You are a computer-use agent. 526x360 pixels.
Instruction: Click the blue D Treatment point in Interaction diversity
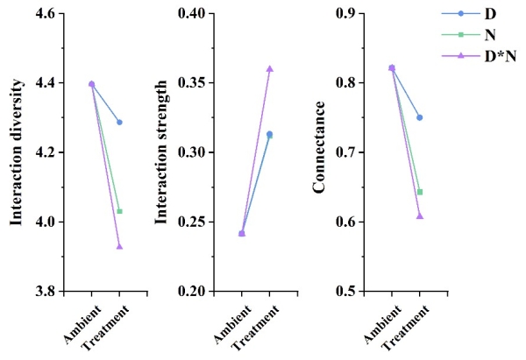coord(119,123)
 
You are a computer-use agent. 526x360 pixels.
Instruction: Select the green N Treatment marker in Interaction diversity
coord(119,211)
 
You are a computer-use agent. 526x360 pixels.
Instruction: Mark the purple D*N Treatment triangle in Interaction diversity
coord(119,246)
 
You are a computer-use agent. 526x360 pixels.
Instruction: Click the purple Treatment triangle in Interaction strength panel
coord(270,68)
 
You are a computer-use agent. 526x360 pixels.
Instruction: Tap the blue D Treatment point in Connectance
coord(420,117)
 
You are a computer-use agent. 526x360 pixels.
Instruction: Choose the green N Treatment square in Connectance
coord(420,192)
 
